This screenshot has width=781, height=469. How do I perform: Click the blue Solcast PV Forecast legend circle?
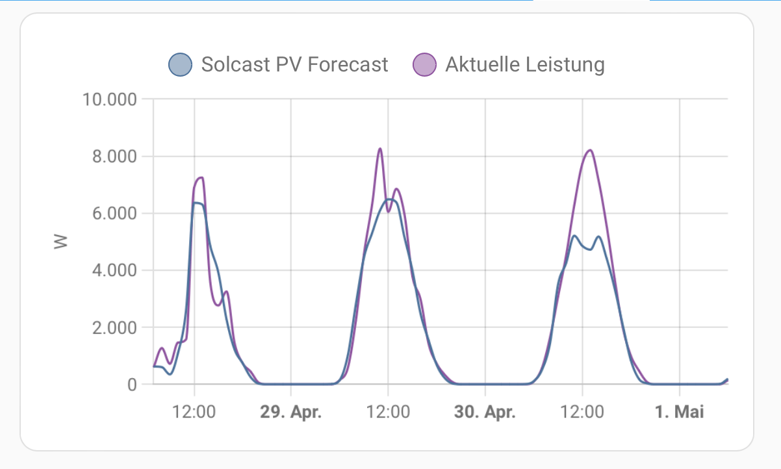pos(180,64)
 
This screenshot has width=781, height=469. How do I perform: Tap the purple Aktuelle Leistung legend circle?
pos(424,64)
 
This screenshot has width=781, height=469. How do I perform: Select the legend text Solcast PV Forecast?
pos(294,64)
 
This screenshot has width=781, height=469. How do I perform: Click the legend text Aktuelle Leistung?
pos(525,64)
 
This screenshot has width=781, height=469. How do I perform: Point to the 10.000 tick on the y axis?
pos(109,99)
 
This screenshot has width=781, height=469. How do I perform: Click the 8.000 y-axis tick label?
pos(114,157)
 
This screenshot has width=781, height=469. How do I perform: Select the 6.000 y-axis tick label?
pos(114,213)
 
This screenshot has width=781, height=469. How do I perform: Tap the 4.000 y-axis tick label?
pos(114,270)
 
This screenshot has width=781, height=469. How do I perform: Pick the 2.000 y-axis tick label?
pos(114,327)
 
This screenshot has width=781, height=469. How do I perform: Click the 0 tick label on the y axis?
pos(132,384)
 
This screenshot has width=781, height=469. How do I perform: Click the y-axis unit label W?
pos(60,242)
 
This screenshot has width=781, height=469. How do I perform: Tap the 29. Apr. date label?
pos(291,412)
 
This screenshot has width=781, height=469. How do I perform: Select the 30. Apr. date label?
pos(485,412)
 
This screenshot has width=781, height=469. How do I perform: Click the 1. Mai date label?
pos(680,412)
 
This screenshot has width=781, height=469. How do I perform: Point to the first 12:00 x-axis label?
pos(194,412)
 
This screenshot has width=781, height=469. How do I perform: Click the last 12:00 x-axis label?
pos(582,412)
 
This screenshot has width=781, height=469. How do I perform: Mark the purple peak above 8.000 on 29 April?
pos(380,149)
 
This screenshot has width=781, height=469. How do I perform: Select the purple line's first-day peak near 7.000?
pos(201,177)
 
